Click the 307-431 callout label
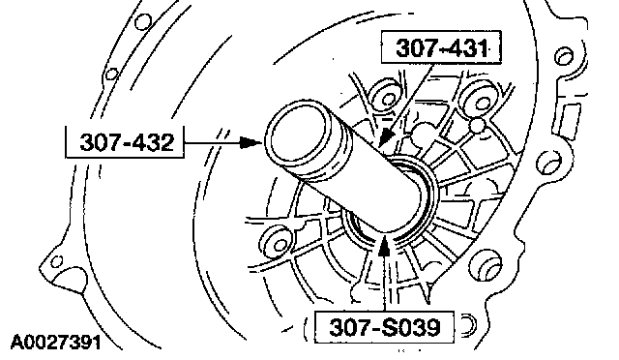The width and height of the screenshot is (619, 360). pyautogui.click(x=441, y=47)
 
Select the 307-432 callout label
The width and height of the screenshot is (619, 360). pyautogui.click(x=125, y=142)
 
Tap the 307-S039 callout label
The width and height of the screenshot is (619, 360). pyautogui.click(x=384, y=327)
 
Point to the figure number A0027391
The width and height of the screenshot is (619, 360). pyautogui.click(x=56, y=343)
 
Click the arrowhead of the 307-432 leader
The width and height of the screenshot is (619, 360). pyautogui.click(x=251, y=142)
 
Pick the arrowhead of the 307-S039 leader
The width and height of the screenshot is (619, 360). pyautogui.click(x=384, y=246)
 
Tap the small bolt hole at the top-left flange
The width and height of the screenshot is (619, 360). pyautogui.click(x=142, y=21)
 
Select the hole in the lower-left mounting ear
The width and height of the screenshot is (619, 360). pyautogui.click(x=57, y=261)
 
